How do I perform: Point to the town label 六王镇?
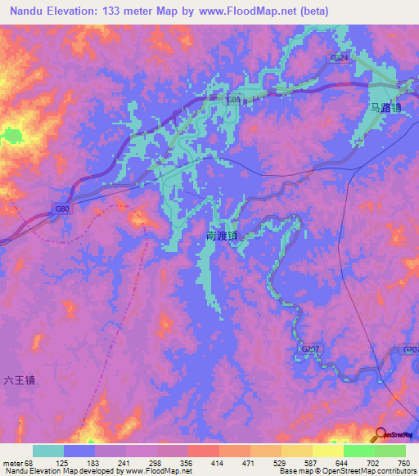(20, 379)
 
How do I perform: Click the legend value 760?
(403, 463)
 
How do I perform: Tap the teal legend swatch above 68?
(48, 451)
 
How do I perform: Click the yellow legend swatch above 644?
(328, 451)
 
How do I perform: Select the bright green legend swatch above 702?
(359, 451)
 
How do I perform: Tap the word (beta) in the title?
(311, 11)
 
